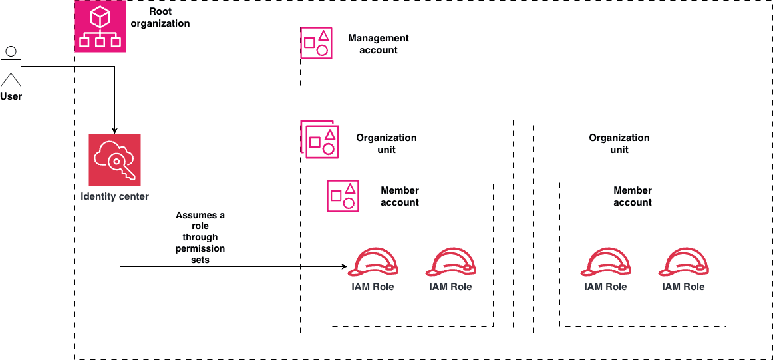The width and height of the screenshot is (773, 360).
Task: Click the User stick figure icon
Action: (11, 66)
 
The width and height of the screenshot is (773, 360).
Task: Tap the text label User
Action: (11, 97)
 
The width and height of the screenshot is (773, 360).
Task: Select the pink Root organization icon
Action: (100, 27)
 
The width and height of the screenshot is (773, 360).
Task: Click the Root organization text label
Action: (160, 17)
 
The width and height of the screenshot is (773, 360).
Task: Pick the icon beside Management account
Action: (316, 43)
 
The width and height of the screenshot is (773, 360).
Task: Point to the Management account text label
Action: (379, 44)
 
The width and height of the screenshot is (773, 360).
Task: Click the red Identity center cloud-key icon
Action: (114, 160)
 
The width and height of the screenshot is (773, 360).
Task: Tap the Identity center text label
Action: (114, 196)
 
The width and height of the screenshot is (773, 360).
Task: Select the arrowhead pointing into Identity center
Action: (114, 130)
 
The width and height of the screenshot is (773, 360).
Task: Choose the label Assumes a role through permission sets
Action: (200, 238)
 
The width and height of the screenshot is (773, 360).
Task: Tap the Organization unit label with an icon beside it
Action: (386, 144)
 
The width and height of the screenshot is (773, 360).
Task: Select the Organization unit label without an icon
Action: (619, 144)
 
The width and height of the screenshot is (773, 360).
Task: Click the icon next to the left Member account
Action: (343, 196)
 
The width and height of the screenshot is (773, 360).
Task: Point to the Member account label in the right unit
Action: (633, 196)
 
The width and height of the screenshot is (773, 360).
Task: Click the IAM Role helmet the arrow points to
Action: (373, 262)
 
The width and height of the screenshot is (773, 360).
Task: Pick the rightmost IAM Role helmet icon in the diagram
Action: (683, 262)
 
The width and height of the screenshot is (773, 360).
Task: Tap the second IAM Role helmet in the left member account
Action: (450, 262)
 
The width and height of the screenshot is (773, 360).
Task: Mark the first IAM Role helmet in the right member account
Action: (605, 262)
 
